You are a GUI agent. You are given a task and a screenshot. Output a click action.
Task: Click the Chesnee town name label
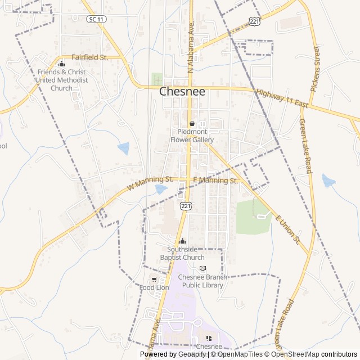(x=183, y=92)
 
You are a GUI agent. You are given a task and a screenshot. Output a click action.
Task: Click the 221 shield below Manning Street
(x=185, y=206)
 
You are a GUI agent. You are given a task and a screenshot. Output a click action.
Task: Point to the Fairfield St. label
(x=89, y=57)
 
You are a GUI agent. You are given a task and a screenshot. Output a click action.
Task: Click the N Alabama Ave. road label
(x=191, y=51)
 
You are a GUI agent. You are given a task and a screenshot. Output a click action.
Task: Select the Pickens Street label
(x=315, y=69)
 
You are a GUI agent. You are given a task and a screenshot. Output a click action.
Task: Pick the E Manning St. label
(x=215, y=181)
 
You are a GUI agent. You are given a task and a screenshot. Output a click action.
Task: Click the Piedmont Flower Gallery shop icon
(x=192, y=124)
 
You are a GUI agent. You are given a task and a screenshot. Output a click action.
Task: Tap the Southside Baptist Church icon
(x=182, y=241)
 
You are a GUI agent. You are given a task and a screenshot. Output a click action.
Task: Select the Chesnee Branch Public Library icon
(x=203, y=268)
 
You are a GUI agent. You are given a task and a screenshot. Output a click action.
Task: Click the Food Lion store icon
(x=154, y=280)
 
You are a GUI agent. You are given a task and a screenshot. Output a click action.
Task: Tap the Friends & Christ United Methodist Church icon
(x=61, y=64)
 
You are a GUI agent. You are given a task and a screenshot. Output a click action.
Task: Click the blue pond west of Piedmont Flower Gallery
(x=123, y=148)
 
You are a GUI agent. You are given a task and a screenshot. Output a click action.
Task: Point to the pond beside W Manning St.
(x=161, y=190)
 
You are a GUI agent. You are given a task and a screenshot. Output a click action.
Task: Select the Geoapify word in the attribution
(x=191, y=354)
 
